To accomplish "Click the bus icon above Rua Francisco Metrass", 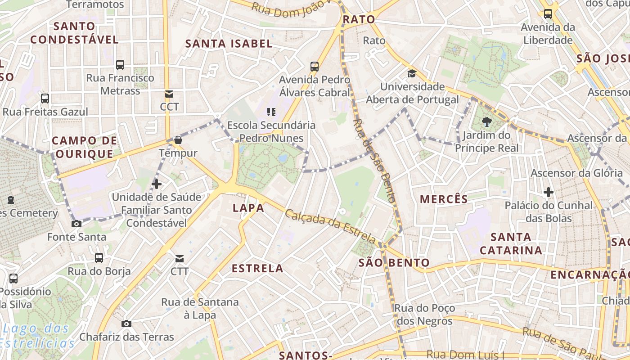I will pyautogui.click(x=120, y=65).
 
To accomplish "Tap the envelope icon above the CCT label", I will pyautogui.click(x=169, y=94).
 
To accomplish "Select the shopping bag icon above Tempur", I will pyautogui.click(x=178, y=140).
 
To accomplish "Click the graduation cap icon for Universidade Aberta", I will pyautogui.click(x=412, y=73).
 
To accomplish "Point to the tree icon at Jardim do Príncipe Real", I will pyautogui.click(x=486, y=121).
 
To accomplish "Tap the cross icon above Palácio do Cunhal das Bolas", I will pyautogui.click(x=548, y=193).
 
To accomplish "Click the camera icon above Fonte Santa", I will pyautogui.click(x=76, y=224).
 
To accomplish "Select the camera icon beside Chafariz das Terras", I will pyautogui.click(x=126, y=324).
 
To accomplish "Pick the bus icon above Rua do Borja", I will pyautogui.click(x=99, y=258).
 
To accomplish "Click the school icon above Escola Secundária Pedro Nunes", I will pyautogui.click(x=271, y=112).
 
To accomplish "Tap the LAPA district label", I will pyautogui.click(x=248, y=208).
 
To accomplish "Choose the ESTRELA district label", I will pyautogui.click(x=257, y=269).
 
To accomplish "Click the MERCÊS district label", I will pyautogui.click(x=444, y=199).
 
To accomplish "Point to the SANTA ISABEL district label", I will pyautogui.click(x=229, y=44).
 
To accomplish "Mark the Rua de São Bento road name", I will pyautogui.click(x=374, y=160).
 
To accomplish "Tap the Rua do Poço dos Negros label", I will pyautogui.click(x=424, y=315).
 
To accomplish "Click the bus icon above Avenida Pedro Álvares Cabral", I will pyautogui.click(x=315, y=67).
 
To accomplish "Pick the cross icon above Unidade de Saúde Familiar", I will pyautogui.click(x=157, y=184).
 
